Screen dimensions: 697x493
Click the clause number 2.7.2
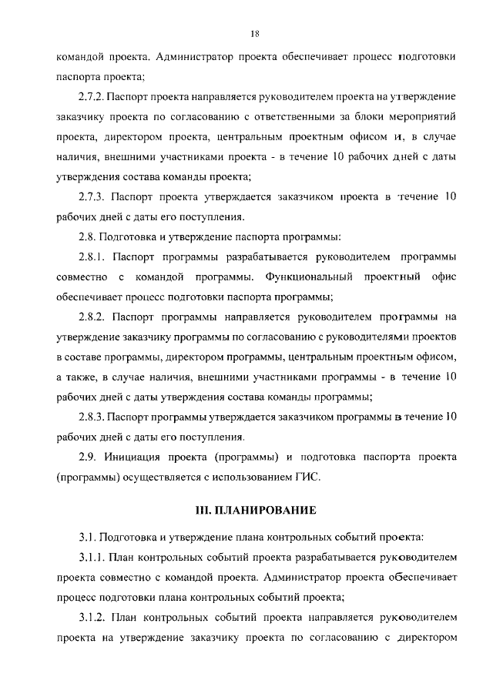point(92,97)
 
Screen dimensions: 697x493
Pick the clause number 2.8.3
point(92,417)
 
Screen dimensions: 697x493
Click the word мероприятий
point(426,117)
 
